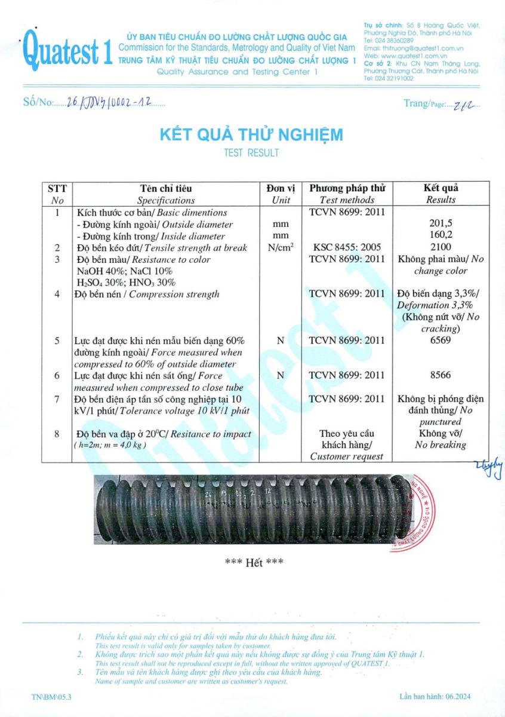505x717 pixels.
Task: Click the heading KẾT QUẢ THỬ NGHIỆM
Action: pos(251,134)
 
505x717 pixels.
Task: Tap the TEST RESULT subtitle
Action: pos(251,153)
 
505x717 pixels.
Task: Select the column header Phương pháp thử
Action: pos(347,188)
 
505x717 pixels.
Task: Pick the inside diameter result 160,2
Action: pos(441,235)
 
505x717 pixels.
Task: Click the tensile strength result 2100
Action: pos(441,247)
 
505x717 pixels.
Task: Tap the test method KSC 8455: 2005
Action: pos(347,247)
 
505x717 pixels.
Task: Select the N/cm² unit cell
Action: pos(281,247)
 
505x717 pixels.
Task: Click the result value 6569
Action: pos(441,341)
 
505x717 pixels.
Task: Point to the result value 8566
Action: pos(441,375)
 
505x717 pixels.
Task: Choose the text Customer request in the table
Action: pos(347,456)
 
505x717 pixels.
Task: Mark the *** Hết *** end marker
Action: pos(254,562)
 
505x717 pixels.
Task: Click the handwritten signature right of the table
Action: pos(495,468)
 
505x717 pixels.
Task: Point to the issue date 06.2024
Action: pos(462,697)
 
